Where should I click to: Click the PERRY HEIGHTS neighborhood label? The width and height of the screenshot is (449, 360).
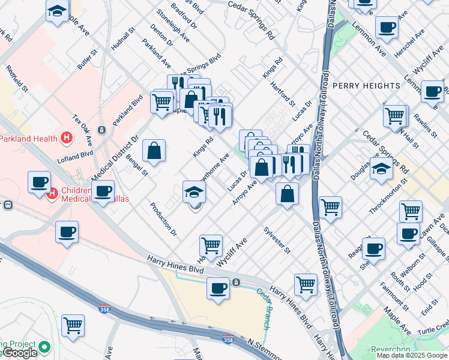[x=366, y=86]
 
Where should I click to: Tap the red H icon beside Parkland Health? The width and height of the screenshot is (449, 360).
[x=67, y=139]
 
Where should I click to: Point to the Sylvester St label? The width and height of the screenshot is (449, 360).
[x=277, y=240]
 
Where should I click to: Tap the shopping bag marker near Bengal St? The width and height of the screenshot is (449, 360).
[x=154, y=151]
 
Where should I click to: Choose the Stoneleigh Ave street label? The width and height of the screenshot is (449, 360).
[x=173, y=26]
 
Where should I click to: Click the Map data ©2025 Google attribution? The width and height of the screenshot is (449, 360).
[x=412, y=355]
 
